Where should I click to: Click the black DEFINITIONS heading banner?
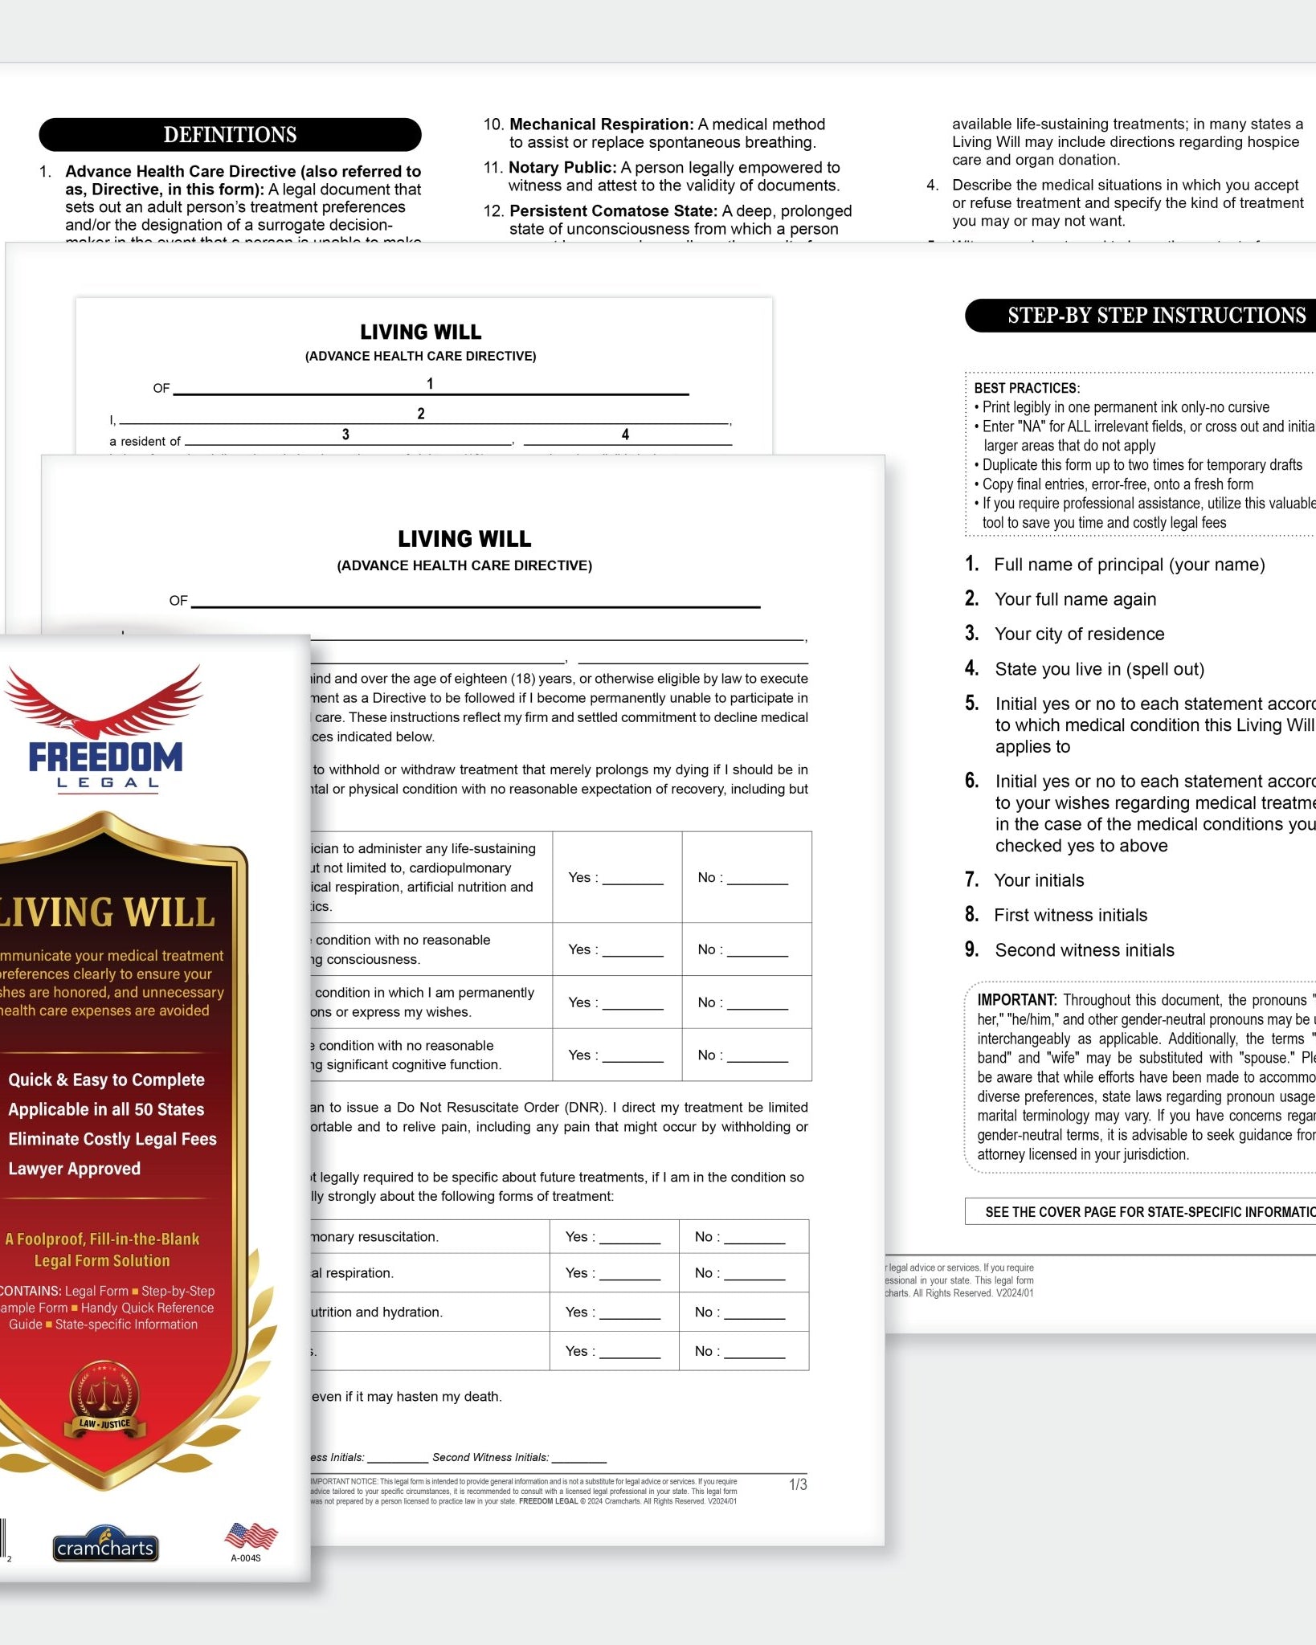pyautogui.click(x=230, y=135)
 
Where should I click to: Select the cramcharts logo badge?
pyautogui.click(x=105, y=1547)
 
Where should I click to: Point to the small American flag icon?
pyautogui.click(x=251, y=1536)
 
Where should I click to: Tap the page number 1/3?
pyautogui.click(x=798, y=1484)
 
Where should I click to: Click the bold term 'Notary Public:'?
pyautogui.click(x=562, y=168)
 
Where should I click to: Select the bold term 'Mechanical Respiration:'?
pyautogui.click(x=601, y=124)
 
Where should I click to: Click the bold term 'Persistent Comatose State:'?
pyautogui.click(x=613, y=211)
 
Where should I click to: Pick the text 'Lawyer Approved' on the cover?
pyautogui.click(x=75, y=1169)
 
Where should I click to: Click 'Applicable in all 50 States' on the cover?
pyautogui.click(x=106, y=1109)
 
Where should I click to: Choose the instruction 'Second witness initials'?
pyautogui.click(x=1084, y=950)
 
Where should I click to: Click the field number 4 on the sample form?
pyautogui.click(x=625, y=435)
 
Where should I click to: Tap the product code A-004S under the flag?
pyautogui.click(x=246, y=1558)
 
